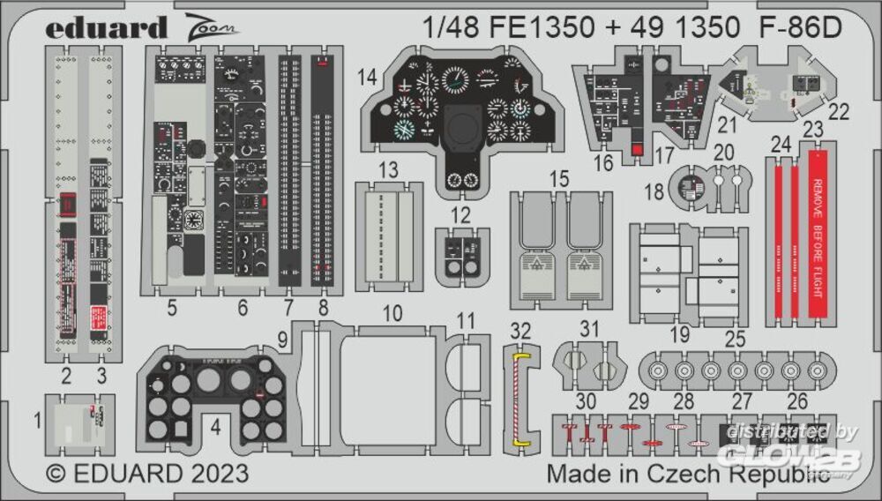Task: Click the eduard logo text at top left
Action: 106,28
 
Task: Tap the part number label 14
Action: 368,78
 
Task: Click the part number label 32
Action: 521,331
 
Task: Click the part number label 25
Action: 736,339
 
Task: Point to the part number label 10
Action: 392,313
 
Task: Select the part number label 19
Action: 679,335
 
